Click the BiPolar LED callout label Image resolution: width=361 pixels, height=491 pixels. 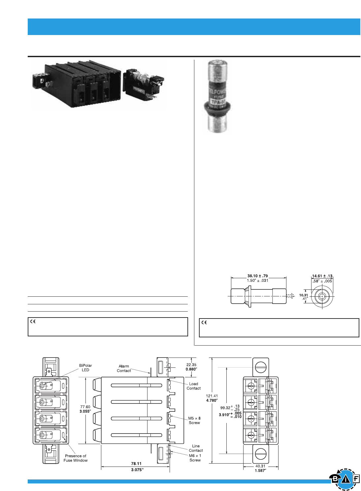click(x=85, y=367)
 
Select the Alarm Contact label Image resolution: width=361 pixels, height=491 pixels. click(x=124, y=368)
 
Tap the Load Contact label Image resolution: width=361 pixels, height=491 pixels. click(x=193, y=386)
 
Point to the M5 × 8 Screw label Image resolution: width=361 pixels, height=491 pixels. click(x=194, y=420)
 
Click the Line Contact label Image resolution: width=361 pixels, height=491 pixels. click(x=196, y=448)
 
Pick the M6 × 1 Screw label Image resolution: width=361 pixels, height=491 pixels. click(x=195, y=458)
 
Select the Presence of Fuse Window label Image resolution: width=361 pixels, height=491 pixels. click(x=76, y=458)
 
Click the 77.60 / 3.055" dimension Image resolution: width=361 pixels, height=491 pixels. click(x=85, y=409)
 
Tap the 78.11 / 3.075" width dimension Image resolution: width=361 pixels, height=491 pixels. click(x=136, y=467)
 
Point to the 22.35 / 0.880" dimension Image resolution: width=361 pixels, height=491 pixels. click(x=191, y=367)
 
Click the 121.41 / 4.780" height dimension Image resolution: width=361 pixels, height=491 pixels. click(x=212, y=398)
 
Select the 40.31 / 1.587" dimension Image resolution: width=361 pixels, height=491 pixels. click(x=260, y=468)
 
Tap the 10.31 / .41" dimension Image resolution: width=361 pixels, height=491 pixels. click(x=304, y=297)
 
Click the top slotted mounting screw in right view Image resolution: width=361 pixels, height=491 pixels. click(x=261, y=367)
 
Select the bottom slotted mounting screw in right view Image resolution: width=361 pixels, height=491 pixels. click(x=261, y=454)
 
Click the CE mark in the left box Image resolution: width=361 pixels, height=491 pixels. click(x=33, y=321)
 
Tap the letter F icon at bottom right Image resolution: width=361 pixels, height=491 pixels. click(x=356, y=479)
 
